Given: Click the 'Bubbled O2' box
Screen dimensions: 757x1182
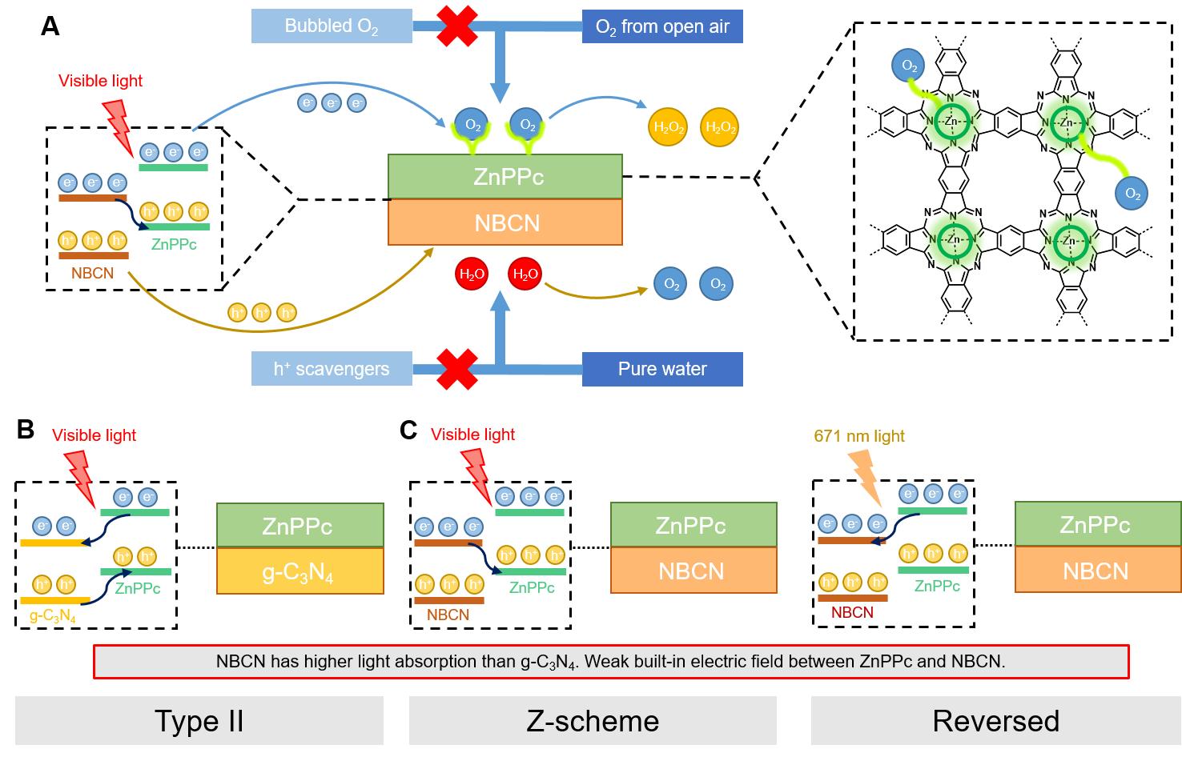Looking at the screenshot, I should (x=331, y=26).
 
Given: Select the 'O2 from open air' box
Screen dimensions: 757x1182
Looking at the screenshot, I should (x=662, y=26).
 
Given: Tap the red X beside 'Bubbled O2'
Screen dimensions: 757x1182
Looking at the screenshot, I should (x=456, y=26).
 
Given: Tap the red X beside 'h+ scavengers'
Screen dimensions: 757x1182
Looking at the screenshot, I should (x=456, y=369).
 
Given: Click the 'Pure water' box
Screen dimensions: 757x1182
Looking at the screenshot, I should (x=662, y=369).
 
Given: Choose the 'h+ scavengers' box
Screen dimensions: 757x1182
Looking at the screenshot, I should (x=331, y=369).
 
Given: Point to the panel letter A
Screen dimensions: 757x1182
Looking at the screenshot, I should (x=50, y=26).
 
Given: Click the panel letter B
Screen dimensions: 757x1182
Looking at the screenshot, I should (x=26, y=430).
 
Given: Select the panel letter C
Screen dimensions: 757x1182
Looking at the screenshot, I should (x=408, y=431).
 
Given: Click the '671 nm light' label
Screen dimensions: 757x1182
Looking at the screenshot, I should (x=859, y=436).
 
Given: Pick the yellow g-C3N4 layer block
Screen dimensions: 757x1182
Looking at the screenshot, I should (x=300, y=571).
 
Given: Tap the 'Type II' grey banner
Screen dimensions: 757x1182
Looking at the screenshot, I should (x=199, y=720).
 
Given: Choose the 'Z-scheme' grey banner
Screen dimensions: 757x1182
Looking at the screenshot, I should (x=593, y=720).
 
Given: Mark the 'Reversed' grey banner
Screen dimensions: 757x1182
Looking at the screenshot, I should (x=995, y=720).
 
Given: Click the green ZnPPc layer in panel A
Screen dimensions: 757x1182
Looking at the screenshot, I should (x=505, y=176).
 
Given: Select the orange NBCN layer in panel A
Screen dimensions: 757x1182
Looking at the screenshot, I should (x=505, y=222).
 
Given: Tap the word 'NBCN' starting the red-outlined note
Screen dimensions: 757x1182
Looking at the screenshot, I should (x=241, y=662).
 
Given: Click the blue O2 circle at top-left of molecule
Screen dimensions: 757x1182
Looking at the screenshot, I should (x=910, y=66).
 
